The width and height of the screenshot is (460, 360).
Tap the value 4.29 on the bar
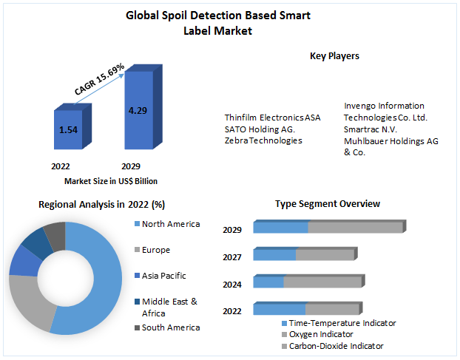(138, 110)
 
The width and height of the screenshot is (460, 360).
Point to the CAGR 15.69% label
(99, 79)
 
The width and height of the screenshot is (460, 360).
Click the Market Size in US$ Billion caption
(111, 181)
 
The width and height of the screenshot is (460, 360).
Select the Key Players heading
(334, 56)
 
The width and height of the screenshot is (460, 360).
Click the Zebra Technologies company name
(263, 140)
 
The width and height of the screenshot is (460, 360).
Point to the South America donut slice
(55, 234)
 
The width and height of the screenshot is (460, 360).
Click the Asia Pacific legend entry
(164, 276)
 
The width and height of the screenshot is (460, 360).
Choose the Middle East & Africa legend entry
(169, 307)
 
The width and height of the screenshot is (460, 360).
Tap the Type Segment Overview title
(328, 203)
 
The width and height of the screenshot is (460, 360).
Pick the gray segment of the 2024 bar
(322, 282)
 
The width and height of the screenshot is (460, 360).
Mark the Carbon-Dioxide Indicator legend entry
(336, 346)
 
